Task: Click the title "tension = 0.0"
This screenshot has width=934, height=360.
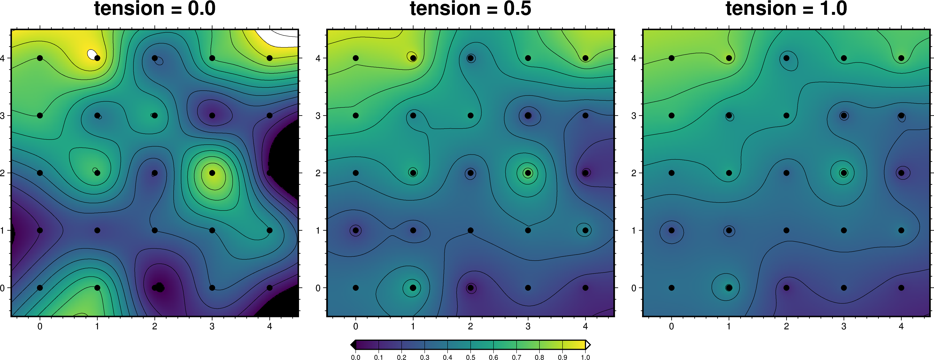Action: pyautogui.click(x=155, y=9)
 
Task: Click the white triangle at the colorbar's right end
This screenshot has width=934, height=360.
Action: pyautogui.click(x=588, y=345)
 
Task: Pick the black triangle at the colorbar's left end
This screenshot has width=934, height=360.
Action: pyautogui.click(x=353, y=345)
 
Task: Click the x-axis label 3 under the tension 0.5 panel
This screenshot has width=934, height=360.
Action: pyautogui.click(x=528, y=326)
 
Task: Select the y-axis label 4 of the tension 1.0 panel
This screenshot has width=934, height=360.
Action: pyautogui.click(x=634, y=58)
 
